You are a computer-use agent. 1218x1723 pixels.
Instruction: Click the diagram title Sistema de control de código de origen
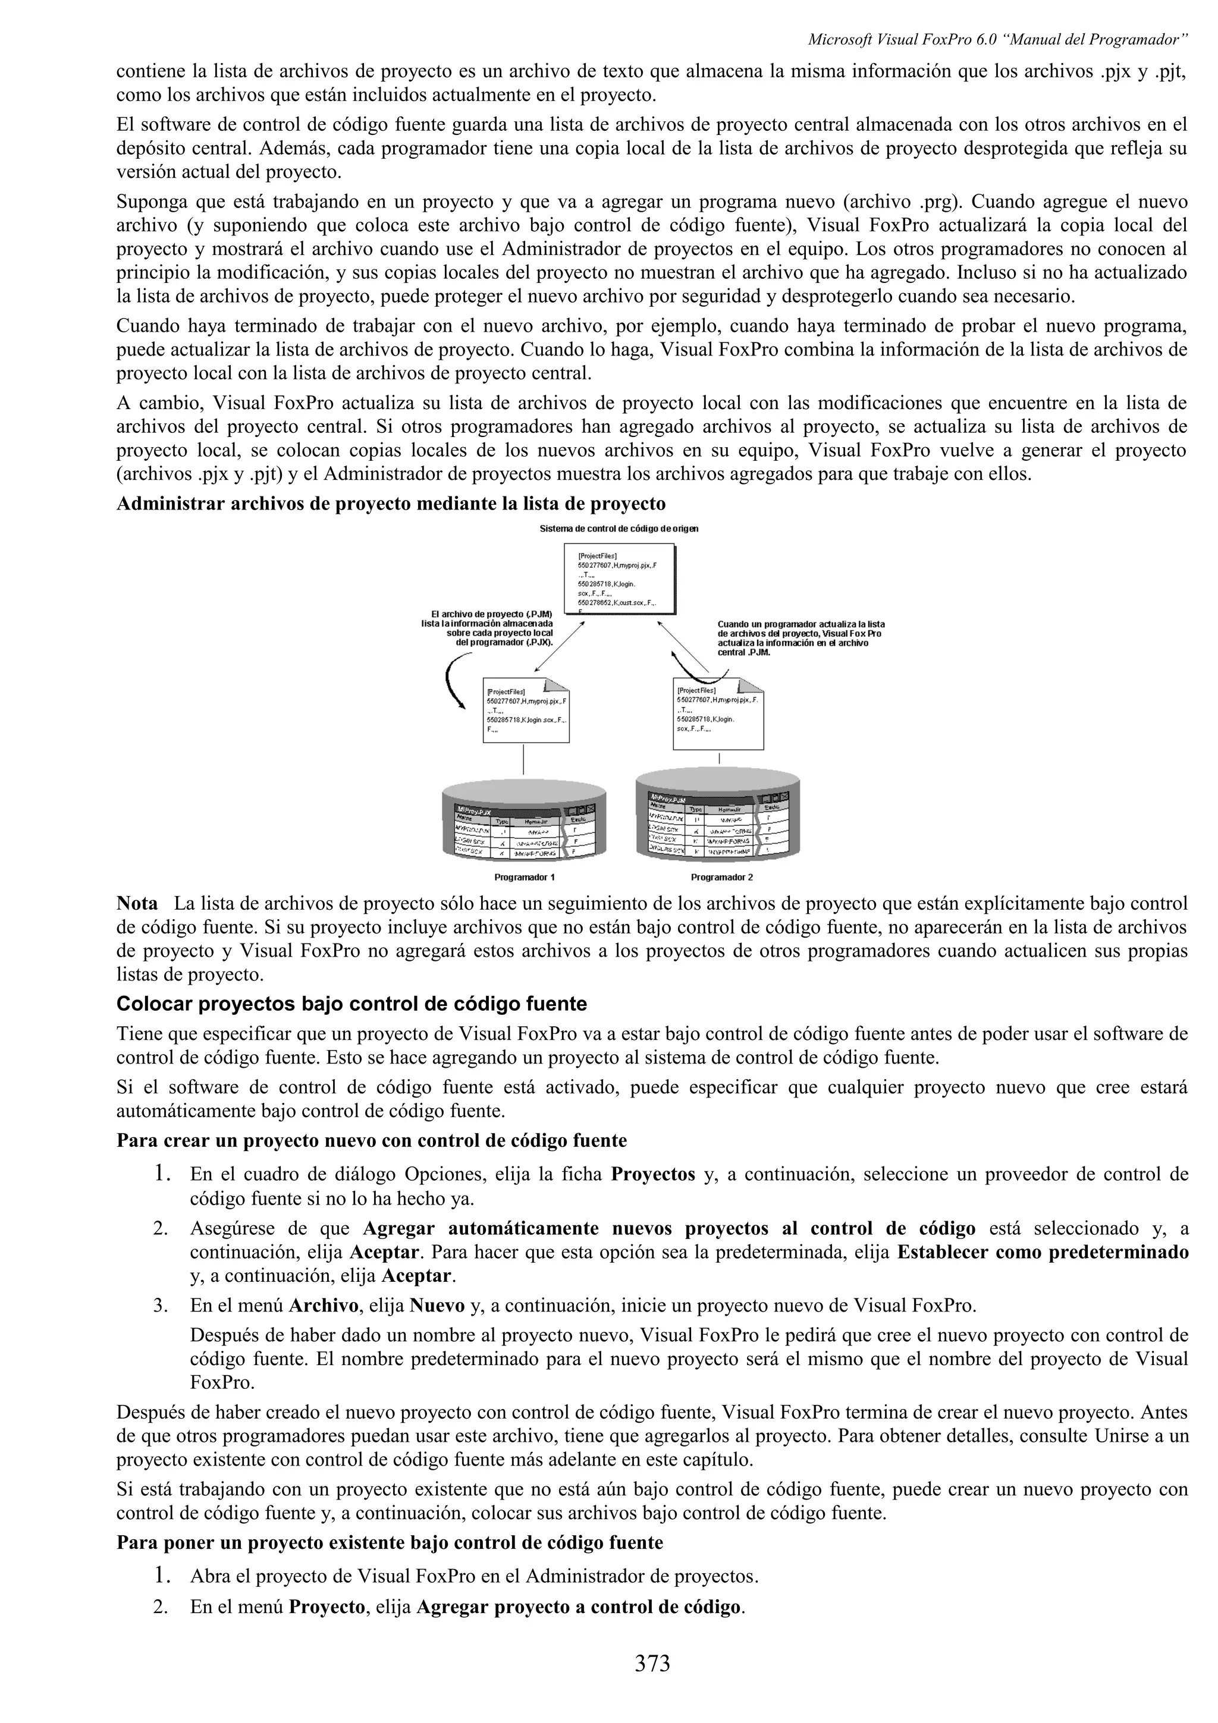(x=619, y=529)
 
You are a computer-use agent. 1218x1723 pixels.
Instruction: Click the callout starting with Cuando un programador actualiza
(x=800, y=638)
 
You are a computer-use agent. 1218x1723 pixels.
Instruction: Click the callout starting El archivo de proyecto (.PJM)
(x=487, y=628)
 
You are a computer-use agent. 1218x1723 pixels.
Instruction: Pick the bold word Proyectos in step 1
(x=653, y=1174)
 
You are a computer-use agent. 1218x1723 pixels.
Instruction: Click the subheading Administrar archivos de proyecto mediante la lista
(x=391, y=503)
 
